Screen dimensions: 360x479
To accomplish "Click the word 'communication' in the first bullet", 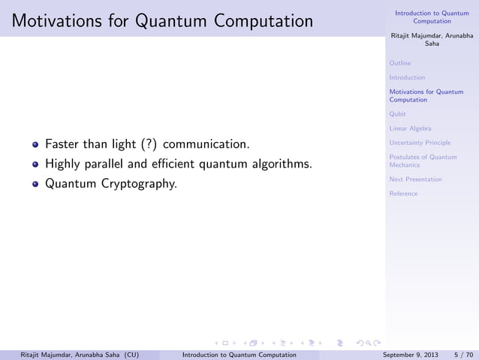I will click(x=206, y=144).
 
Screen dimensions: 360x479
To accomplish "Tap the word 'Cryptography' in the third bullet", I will click(x=143, y=183).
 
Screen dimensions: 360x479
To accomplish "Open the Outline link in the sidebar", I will click(x=400, y=63).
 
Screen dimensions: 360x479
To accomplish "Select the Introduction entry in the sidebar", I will click(x=407, y=77).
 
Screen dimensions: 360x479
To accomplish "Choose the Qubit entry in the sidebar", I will click(x=398, y=114).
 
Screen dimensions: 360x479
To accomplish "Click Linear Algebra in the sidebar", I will click(x=410, y=129).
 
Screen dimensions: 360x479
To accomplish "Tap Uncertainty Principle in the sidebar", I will click(x=420, y=143).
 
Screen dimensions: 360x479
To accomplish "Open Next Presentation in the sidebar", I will click(x=415, y=180).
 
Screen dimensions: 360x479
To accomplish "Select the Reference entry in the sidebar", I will click(x=403, y=194).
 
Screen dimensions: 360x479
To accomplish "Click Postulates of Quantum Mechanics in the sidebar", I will click(x=423, y=161).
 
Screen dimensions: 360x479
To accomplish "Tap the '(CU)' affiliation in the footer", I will click(x=129, y=353).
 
